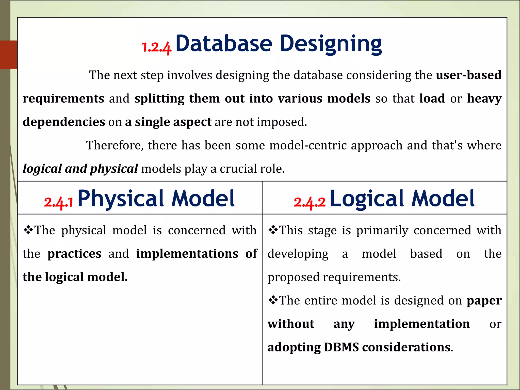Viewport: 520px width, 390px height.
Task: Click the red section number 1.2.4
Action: [x=156, y=47]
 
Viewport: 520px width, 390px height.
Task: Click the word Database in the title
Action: [x=224, y=43]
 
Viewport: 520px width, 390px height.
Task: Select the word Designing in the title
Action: [x=331, y=44]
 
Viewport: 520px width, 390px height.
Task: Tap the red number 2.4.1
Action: [x=59, y=202]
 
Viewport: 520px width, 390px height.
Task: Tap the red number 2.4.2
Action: [x=310, y=202]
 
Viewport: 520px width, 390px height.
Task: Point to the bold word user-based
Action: [x=468, y=75]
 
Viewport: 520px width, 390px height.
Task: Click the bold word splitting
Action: [x=159, y=99]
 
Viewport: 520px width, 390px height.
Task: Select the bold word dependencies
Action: [x=64, y=122]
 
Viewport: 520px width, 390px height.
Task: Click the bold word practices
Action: [x=74, y=254]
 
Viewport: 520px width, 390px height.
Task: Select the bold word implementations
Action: [x=187, y=254]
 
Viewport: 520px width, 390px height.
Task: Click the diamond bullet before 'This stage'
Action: [x=273, y=230]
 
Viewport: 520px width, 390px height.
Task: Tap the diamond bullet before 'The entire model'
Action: [x=273, y=300]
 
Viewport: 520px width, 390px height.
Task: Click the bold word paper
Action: [x=484, y=301]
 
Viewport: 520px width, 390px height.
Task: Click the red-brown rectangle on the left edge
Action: [x=8, y=55]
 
